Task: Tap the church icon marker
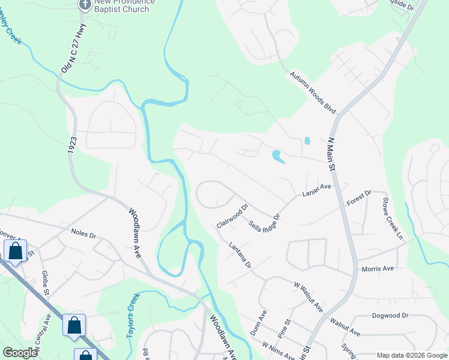point(85,4)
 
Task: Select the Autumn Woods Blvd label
point(313,93)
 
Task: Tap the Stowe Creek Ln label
point(393,218)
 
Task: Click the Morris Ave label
point(378,268)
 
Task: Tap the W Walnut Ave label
point(309,298)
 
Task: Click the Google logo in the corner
point(20,353)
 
